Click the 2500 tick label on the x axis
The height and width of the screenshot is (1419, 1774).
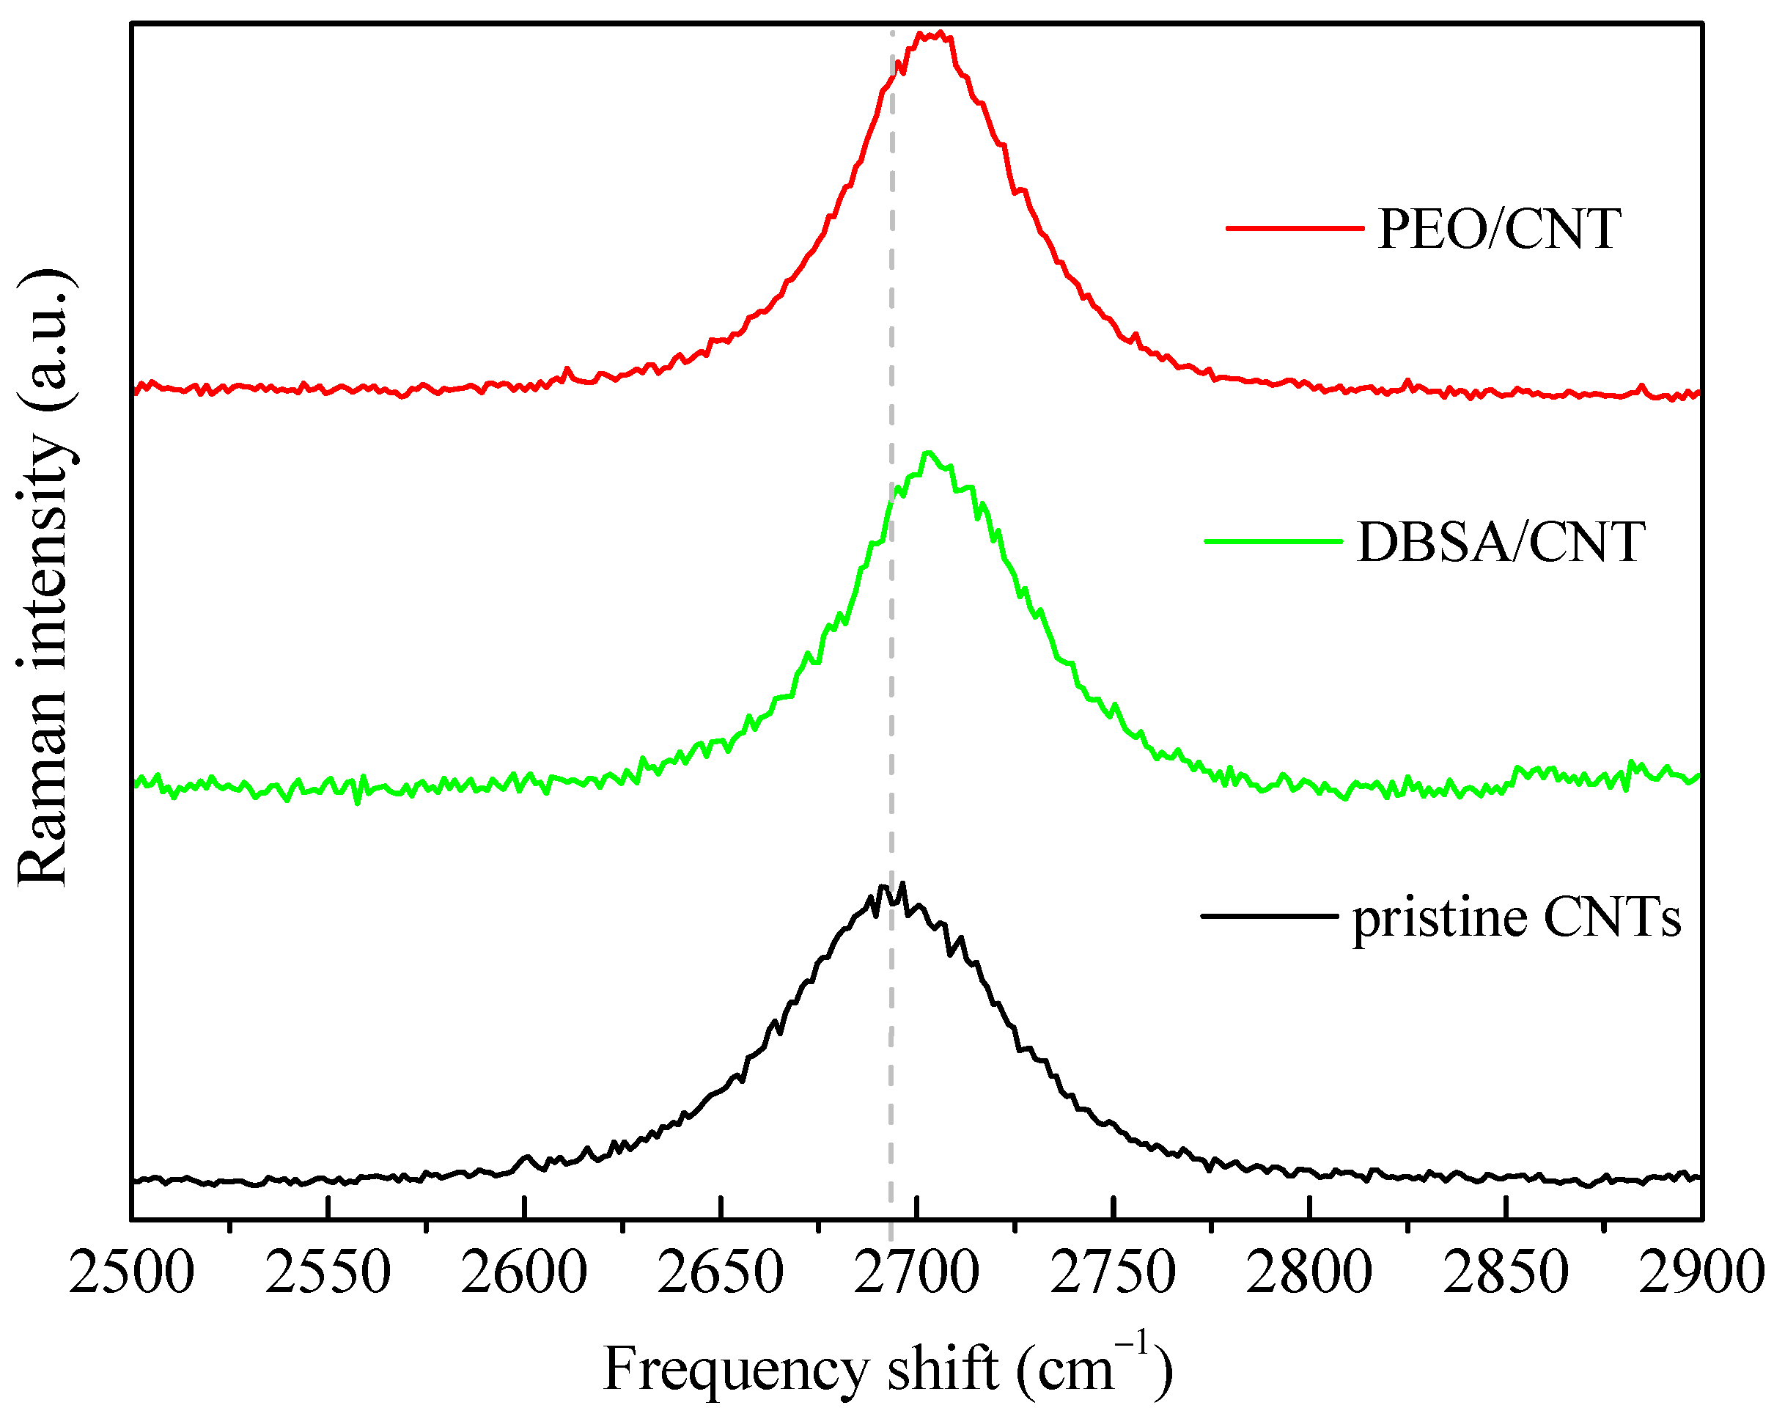pyautogui.click(x=132, y=1273)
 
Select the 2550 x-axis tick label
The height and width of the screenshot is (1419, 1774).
pyautogui.click(x=328, y=1273)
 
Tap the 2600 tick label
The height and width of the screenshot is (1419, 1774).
pyautogui.click(x=524, y=1273)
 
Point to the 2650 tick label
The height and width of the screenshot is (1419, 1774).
pyautogui.click(x=720, y=1273)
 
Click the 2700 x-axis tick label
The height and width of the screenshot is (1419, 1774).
pyautogui.click(x=916, y=1273)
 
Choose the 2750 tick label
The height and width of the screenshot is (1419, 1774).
pyautogui.click(x=1113, y=1273)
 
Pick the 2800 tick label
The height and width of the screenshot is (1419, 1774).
pyautogui.click(x=1309, y=1273)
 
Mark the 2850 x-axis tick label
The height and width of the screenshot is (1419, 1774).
pyautogui.click(x=1506, y=1273)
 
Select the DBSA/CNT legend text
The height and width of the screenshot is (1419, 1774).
pyautogui.click(x=1501, y=543)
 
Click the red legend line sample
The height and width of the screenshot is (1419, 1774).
pyautogui.click(x=1295, y=227)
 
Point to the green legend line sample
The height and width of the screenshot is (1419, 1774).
pyautogui.click(x=1273, y=540)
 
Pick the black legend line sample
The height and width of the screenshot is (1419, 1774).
pyautogui.click(x=1270, y=915)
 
